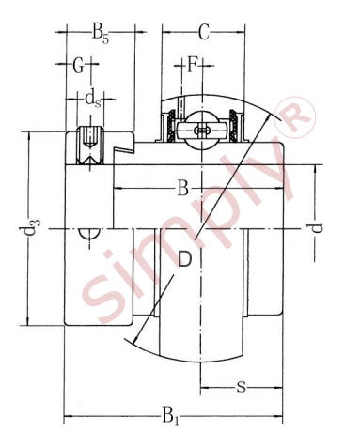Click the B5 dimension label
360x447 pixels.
point(100,33)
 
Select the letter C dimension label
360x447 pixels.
point(204,32)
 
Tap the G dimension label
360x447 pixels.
point(78,66)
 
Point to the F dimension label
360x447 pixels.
point(192,65)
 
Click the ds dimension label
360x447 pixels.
point(93,100)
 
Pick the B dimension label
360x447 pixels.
point(182,189)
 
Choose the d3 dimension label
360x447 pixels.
point(30,228)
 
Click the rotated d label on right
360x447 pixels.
point(317,228)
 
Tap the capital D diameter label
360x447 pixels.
point(184,259)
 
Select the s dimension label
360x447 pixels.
point(241,387)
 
